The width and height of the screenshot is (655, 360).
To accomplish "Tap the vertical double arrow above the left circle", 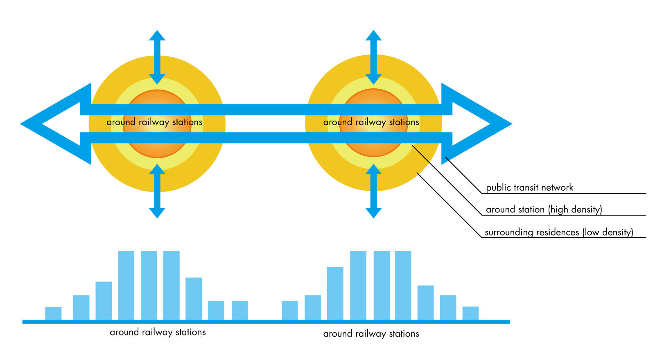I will point(157,57).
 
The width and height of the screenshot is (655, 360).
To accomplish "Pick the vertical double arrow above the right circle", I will point(373,57).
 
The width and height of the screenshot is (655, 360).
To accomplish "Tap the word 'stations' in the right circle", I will point(404,122).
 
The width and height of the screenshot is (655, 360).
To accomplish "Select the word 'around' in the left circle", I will point(121,122).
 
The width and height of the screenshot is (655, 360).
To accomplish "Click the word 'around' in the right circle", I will point(338,122).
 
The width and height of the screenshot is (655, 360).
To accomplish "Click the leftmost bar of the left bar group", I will point(53,313).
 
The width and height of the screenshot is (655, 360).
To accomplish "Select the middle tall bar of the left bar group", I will point(149,286).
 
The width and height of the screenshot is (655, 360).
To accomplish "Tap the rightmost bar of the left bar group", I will point(239,310).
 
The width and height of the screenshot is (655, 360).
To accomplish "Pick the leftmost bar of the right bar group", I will point(289,310).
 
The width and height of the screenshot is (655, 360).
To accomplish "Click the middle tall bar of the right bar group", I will point(381,286).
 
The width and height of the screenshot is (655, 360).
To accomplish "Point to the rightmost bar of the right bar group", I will point(470,313).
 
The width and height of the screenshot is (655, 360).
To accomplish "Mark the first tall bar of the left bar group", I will point(126,286).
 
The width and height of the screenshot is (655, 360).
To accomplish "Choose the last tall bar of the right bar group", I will point(403,286).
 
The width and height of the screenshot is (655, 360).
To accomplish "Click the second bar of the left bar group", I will point(81,307).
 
